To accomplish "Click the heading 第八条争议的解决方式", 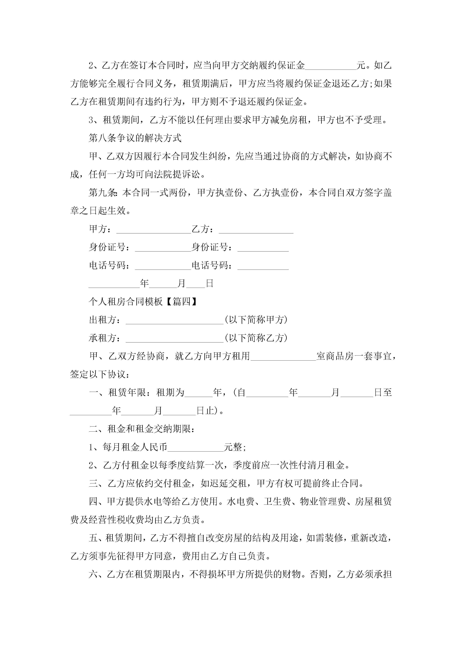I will point(135,138).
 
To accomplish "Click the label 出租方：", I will point(105,320).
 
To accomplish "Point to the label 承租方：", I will point(105,338).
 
